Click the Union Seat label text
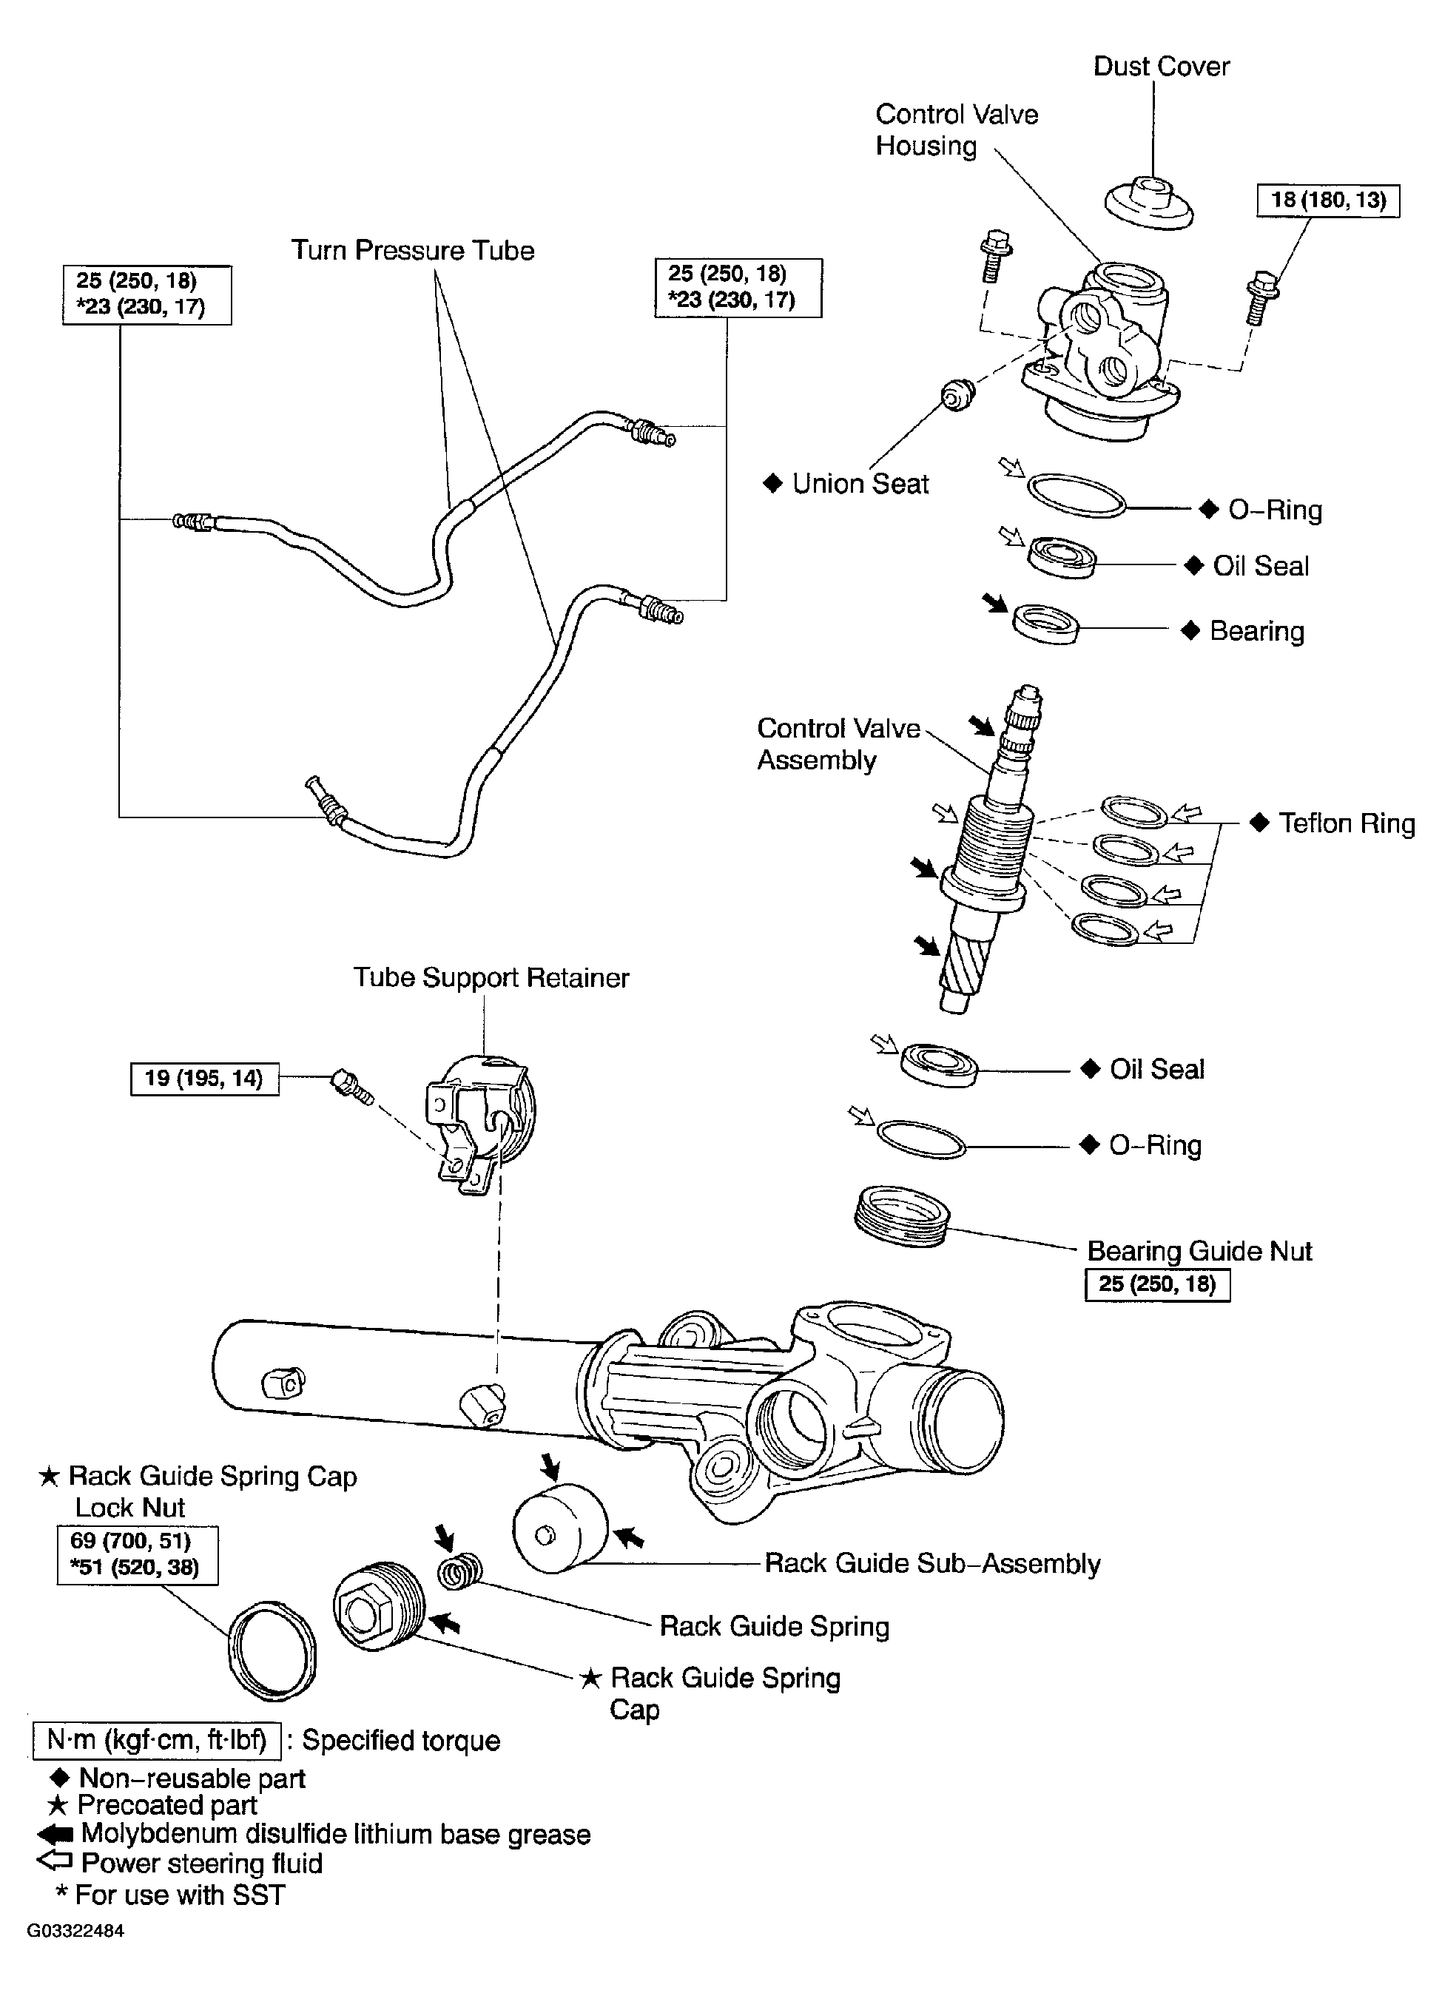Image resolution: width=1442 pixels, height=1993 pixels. tap(860, 483)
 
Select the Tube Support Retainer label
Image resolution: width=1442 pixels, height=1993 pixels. tap(491, 977)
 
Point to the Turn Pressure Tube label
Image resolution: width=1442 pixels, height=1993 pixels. tap(412, 251)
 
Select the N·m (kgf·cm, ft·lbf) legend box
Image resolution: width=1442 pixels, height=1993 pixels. tap(156, 1741)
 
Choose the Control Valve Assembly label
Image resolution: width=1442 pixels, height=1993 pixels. tap(838, 743)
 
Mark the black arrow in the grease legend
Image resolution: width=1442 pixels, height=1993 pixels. tap(55, 1835)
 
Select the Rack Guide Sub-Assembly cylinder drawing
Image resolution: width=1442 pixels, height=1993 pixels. tap(560, 1529)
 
